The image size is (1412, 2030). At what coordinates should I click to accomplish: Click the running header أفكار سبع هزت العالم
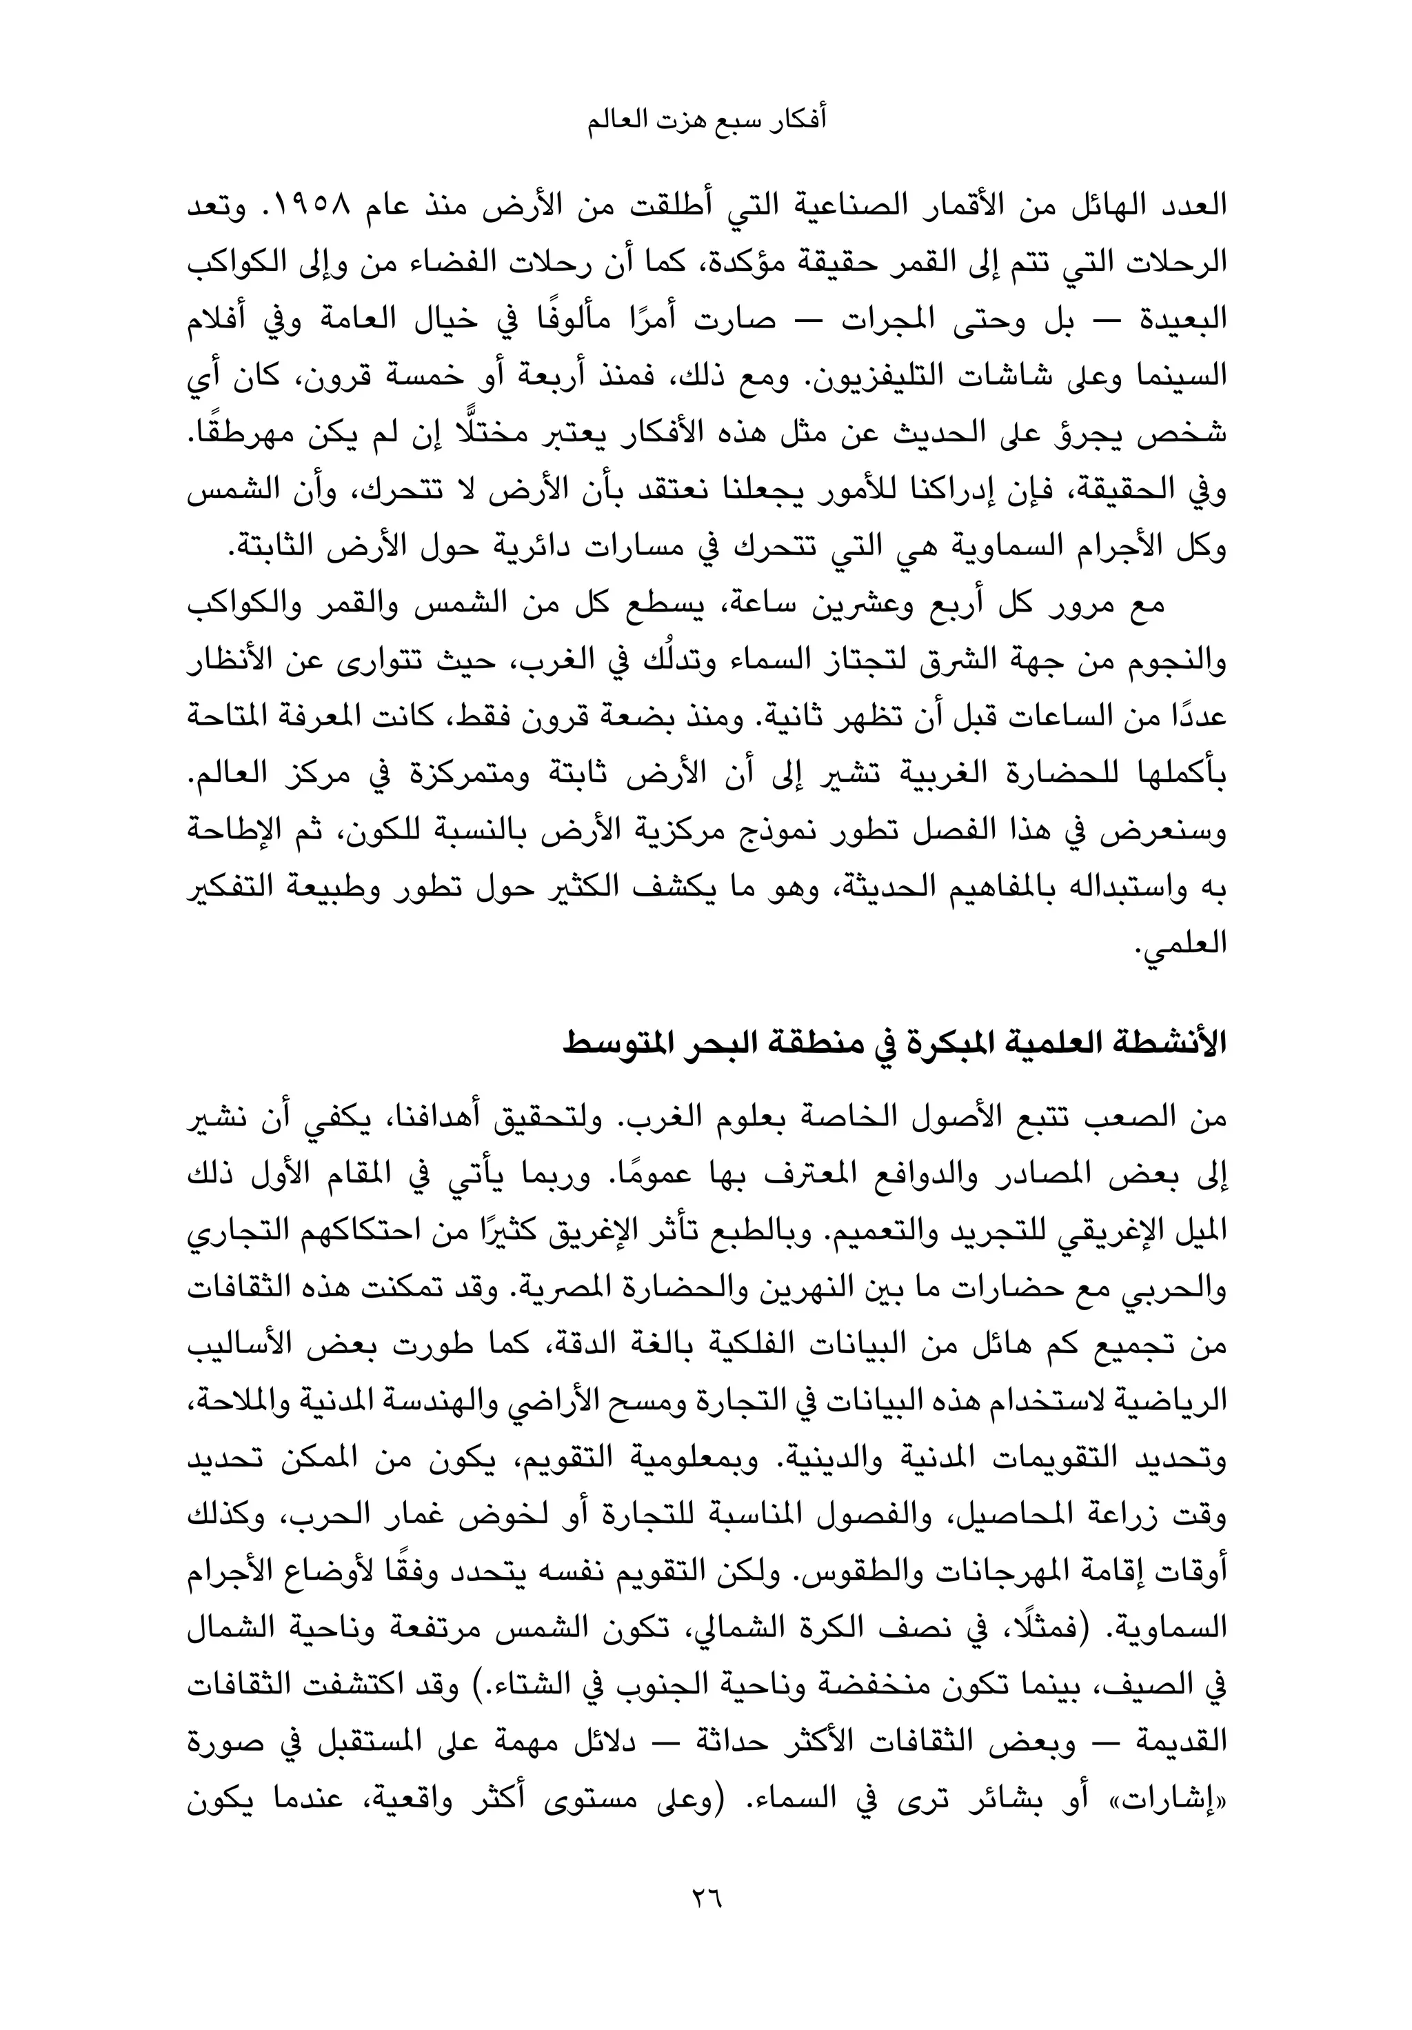tap(707, 119)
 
